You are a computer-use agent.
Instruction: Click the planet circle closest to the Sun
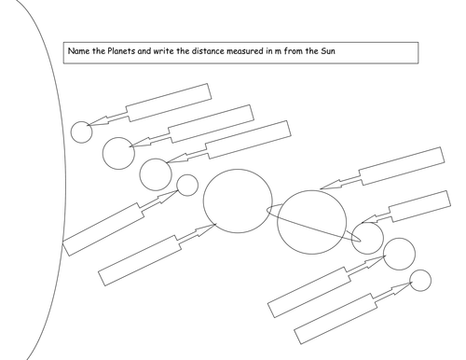(x=82, y=132)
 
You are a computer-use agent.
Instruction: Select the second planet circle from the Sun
(x=118, y=153)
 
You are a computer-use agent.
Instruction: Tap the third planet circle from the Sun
(x=155, y=173)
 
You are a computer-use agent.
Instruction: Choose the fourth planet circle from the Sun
(x=187, y=185)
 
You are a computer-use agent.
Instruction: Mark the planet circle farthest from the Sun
(x=420, y=280)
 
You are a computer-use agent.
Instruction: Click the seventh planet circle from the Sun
(x=367, y=238)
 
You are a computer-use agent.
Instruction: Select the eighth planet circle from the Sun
(x=399, y=254)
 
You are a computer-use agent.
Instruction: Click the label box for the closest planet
(x=168, y=102)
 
